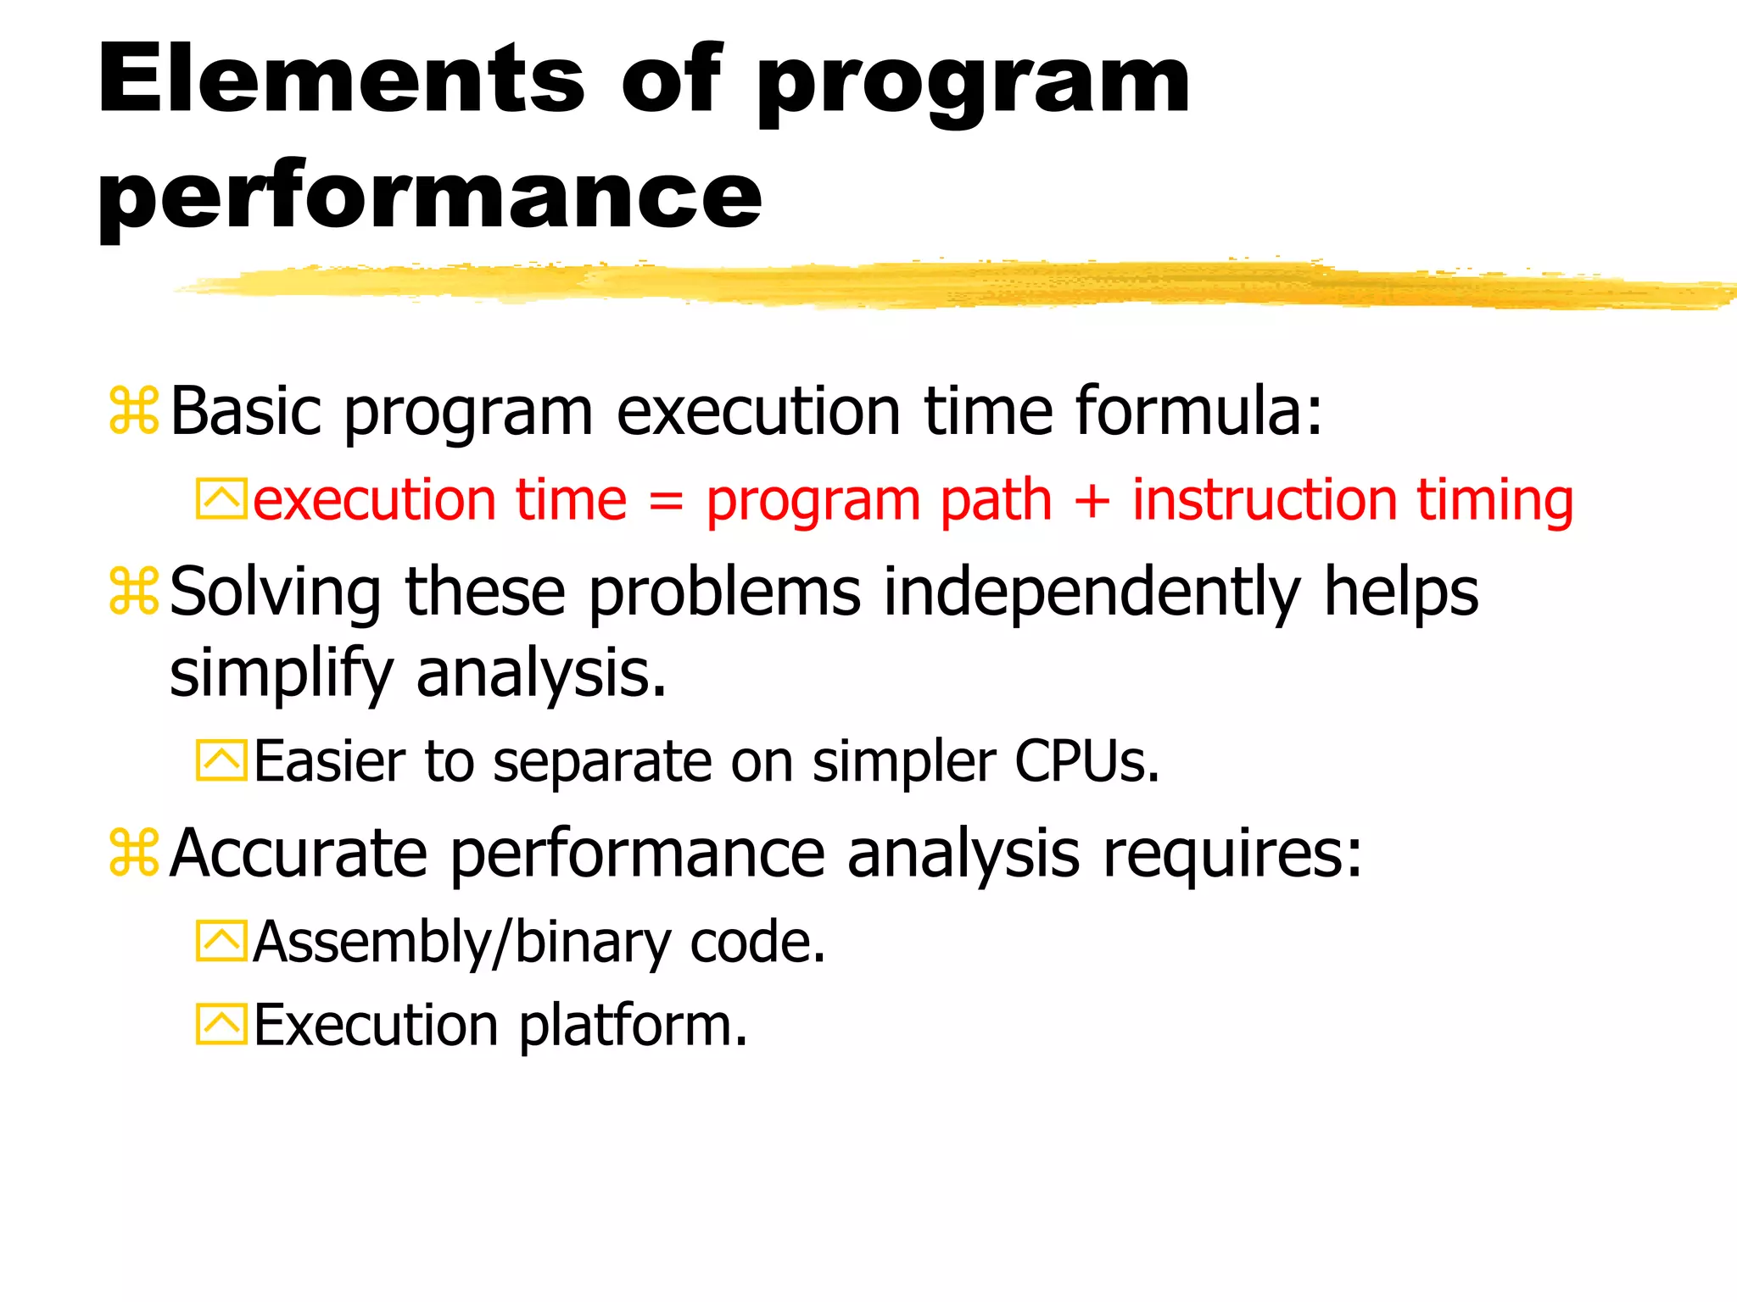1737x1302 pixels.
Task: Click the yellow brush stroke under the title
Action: click(933, 285)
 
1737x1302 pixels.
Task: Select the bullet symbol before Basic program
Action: click(134, 411)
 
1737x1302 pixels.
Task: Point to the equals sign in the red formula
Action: click(666, 500)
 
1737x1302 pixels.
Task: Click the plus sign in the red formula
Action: click(1092, 500)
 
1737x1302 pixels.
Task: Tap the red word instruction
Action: click(1264, 500)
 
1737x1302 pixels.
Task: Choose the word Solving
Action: click(275, 592)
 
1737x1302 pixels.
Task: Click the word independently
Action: click(1092, 592)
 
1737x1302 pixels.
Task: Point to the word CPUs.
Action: click(1086, 761)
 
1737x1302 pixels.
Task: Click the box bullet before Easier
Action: click(221, 760)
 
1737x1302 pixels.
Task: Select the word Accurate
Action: click(298, 853)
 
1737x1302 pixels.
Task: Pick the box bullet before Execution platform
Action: click(221, 1024)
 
